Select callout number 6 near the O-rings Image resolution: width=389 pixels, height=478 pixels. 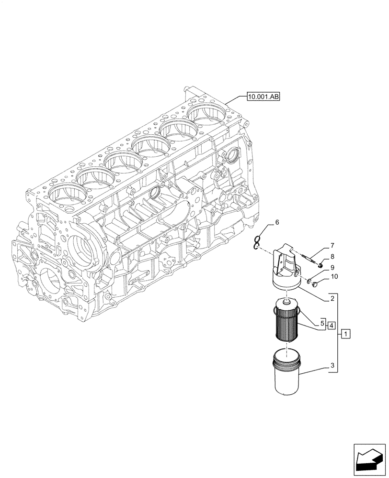pyautogui.click(x=276, y=223)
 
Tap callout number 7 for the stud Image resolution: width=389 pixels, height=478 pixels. pyautogui.click(x=332, y=246)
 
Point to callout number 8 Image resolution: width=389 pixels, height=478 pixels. pyautogui.click(x=332, y=257)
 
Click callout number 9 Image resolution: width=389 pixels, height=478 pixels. pyautogui.click(x=332, y=267)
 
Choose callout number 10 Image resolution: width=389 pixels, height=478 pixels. pyautogui.click(x=333, y=277)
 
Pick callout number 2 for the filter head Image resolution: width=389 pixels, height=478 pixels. pyautogui.click(x=332, y=300)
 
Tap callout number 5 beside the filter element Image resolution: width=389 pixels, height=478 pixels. pyautogui.click(x=323, y=324)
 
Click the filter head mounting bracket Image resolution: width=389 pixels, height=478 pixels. pyautogui.click(x=286, y=271)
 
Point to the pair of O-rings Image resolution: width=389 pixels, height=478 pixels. pyautogui.click(x=258, y=243)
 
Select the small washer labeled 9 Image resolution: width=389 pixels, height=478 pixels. pyautogui.click(x=309, y=281)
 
